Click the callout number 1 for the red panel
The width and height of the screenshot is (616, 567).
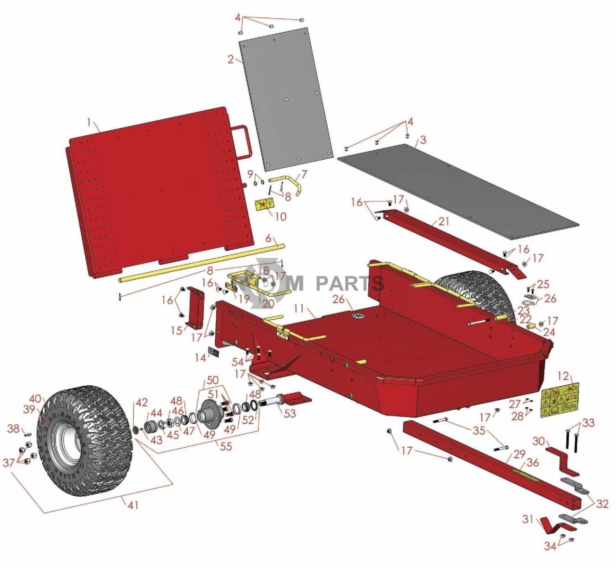(89, 123)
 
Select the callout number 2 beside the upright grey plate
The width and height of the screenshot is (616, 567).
(231, 60)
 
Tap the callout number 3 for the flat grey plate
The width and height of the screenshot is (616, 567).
(423, 140)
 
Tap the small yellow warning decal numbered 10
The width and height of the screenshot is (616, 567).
(264, 204)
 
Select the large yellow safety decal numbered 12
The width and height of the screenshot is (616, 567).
(559, 400)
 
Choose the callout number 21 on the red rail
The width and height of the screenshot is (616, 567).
(443, 222)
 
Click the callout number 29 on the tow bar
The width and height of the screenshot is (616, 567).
(519, 454)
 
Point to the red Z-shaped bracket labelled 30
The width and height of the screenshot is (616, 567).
(561, 457)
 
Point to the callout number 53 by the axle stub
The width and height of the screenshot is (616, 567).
(290, 414)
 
